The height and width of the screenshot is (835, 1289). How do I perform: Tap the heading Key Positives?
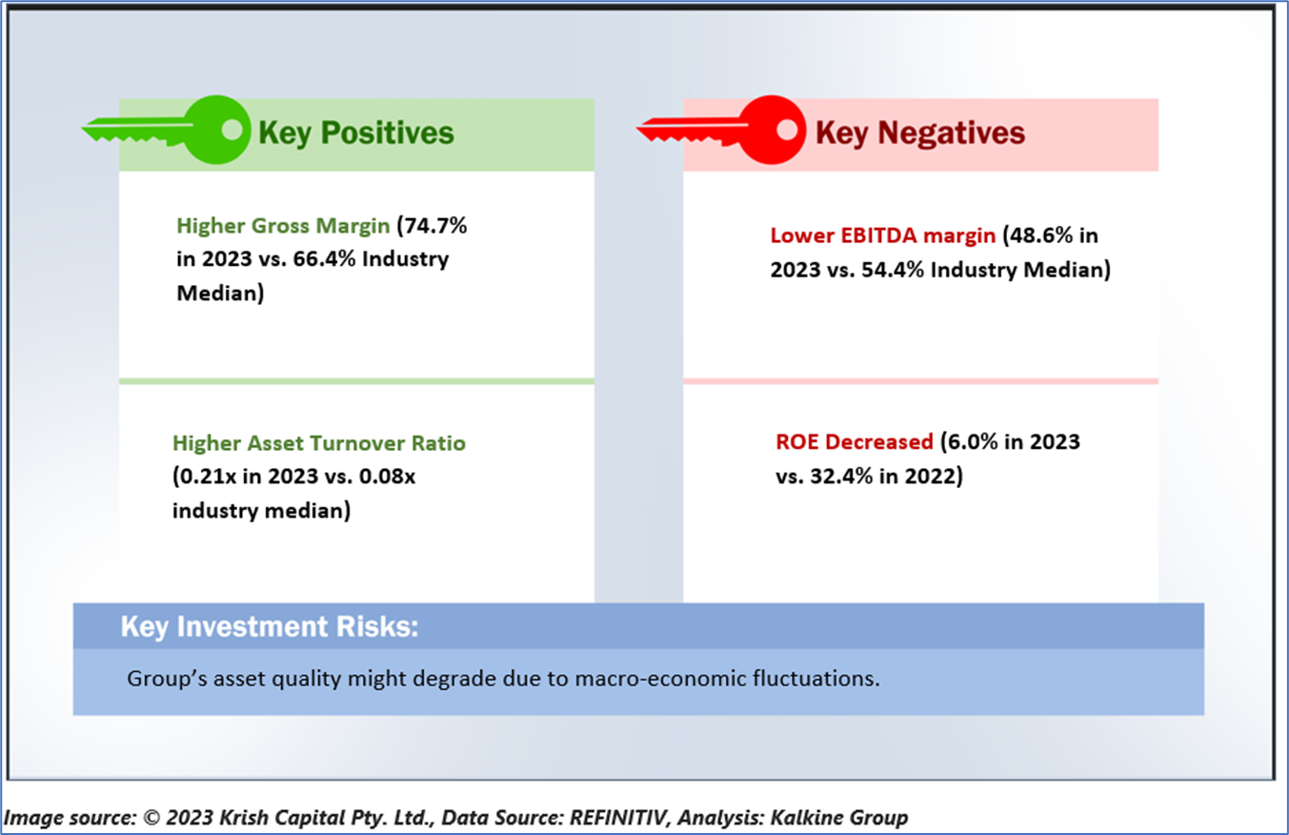(356, 133)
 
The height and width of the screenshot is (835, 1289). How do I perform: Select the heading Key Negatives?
(920, 133)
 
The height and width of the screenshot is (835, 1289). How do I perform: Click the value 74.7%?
(436, 225)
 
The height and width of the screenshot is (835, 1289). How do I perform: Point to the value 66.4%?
(325, 259)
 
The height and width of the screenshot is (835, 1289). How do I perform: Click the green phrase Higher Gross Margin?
(283, 226)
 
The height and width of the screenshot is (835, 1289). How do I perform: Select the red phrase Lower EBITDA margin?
(883, 235)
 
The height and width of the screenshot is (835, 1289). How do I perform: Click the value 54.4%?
(893, 270)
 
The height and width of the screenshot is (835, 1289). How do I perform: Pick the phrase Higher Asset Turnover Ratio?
(319, 443)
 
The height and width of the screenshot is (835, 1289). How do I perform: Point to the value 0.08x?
(388, 477)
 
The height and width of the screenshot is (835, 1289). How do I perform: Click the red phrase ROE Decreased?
(855, 441)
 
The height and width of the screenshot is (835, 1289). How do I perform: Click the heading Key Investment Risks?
(270, 626)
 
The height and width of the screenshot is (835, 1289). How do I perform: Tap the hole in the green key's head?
(232, 129)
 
